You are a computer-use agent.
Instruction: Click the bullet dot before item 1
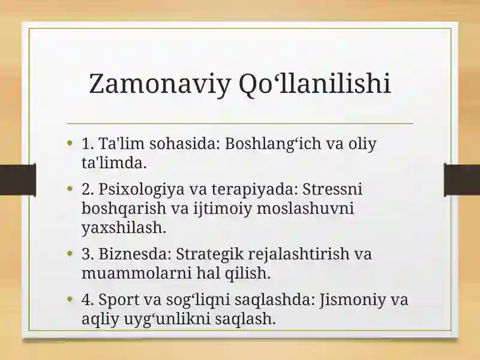[x=70, y=143]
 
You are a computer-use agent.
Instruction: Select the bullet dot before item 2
[x=70, y=188]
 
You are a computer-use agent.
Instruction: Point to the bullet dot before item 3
[x=70, y=253]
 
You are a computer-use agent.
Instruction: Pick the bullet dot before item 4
[x=70, y=299]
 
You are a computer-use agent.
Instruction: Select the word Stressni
[x=332, y=189]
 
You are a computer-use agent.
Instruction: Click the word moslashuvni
[x=305, y=208]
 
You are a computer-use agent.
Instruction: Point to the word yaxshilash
[x=124, y=228]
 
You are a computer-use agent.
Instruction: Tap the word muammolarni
[x=137, y=274]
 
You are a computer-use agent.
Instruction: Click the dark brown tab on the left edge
[x=18, y=179]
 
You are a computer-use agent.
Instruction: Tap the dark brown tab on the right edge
[x=462, y=179]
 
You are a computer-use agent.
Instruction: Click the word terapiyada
[x=255, y=190]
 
